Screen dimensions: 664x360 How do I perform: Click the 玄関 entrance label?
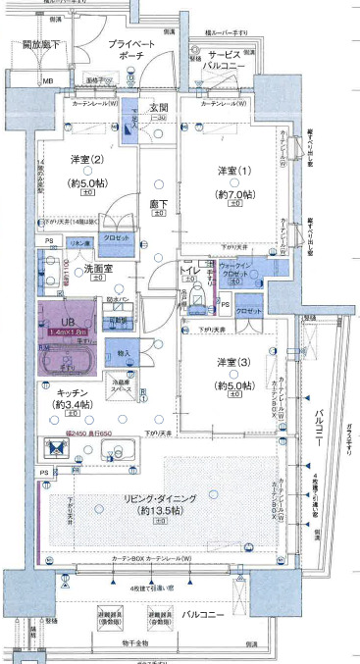pyautogui.click(x=159, y=107)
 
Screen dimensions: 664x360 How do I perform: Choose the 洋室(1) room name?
pyautogui.click(x=233, y=172)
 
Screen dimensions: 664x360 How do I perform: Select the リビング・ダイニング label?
pyautogui.click(x=170, y=498)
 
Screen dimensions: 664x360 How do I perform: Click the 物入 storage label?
pyautogui.click(x=124, y=352)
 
